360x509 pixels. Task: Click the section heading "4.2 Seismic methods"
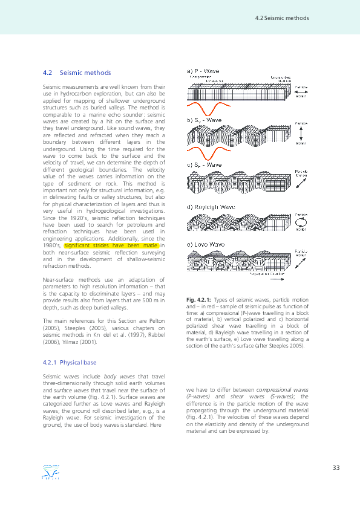pos(77,73)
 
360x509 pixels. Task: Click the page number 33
pos(337,468)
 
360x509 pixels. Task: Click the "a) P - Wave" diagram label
pos(203,71)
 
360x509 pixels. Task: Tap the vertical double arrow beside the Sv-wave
pos(300,133)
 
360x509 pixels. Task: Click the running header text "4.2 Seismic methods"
pos(283,18)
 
